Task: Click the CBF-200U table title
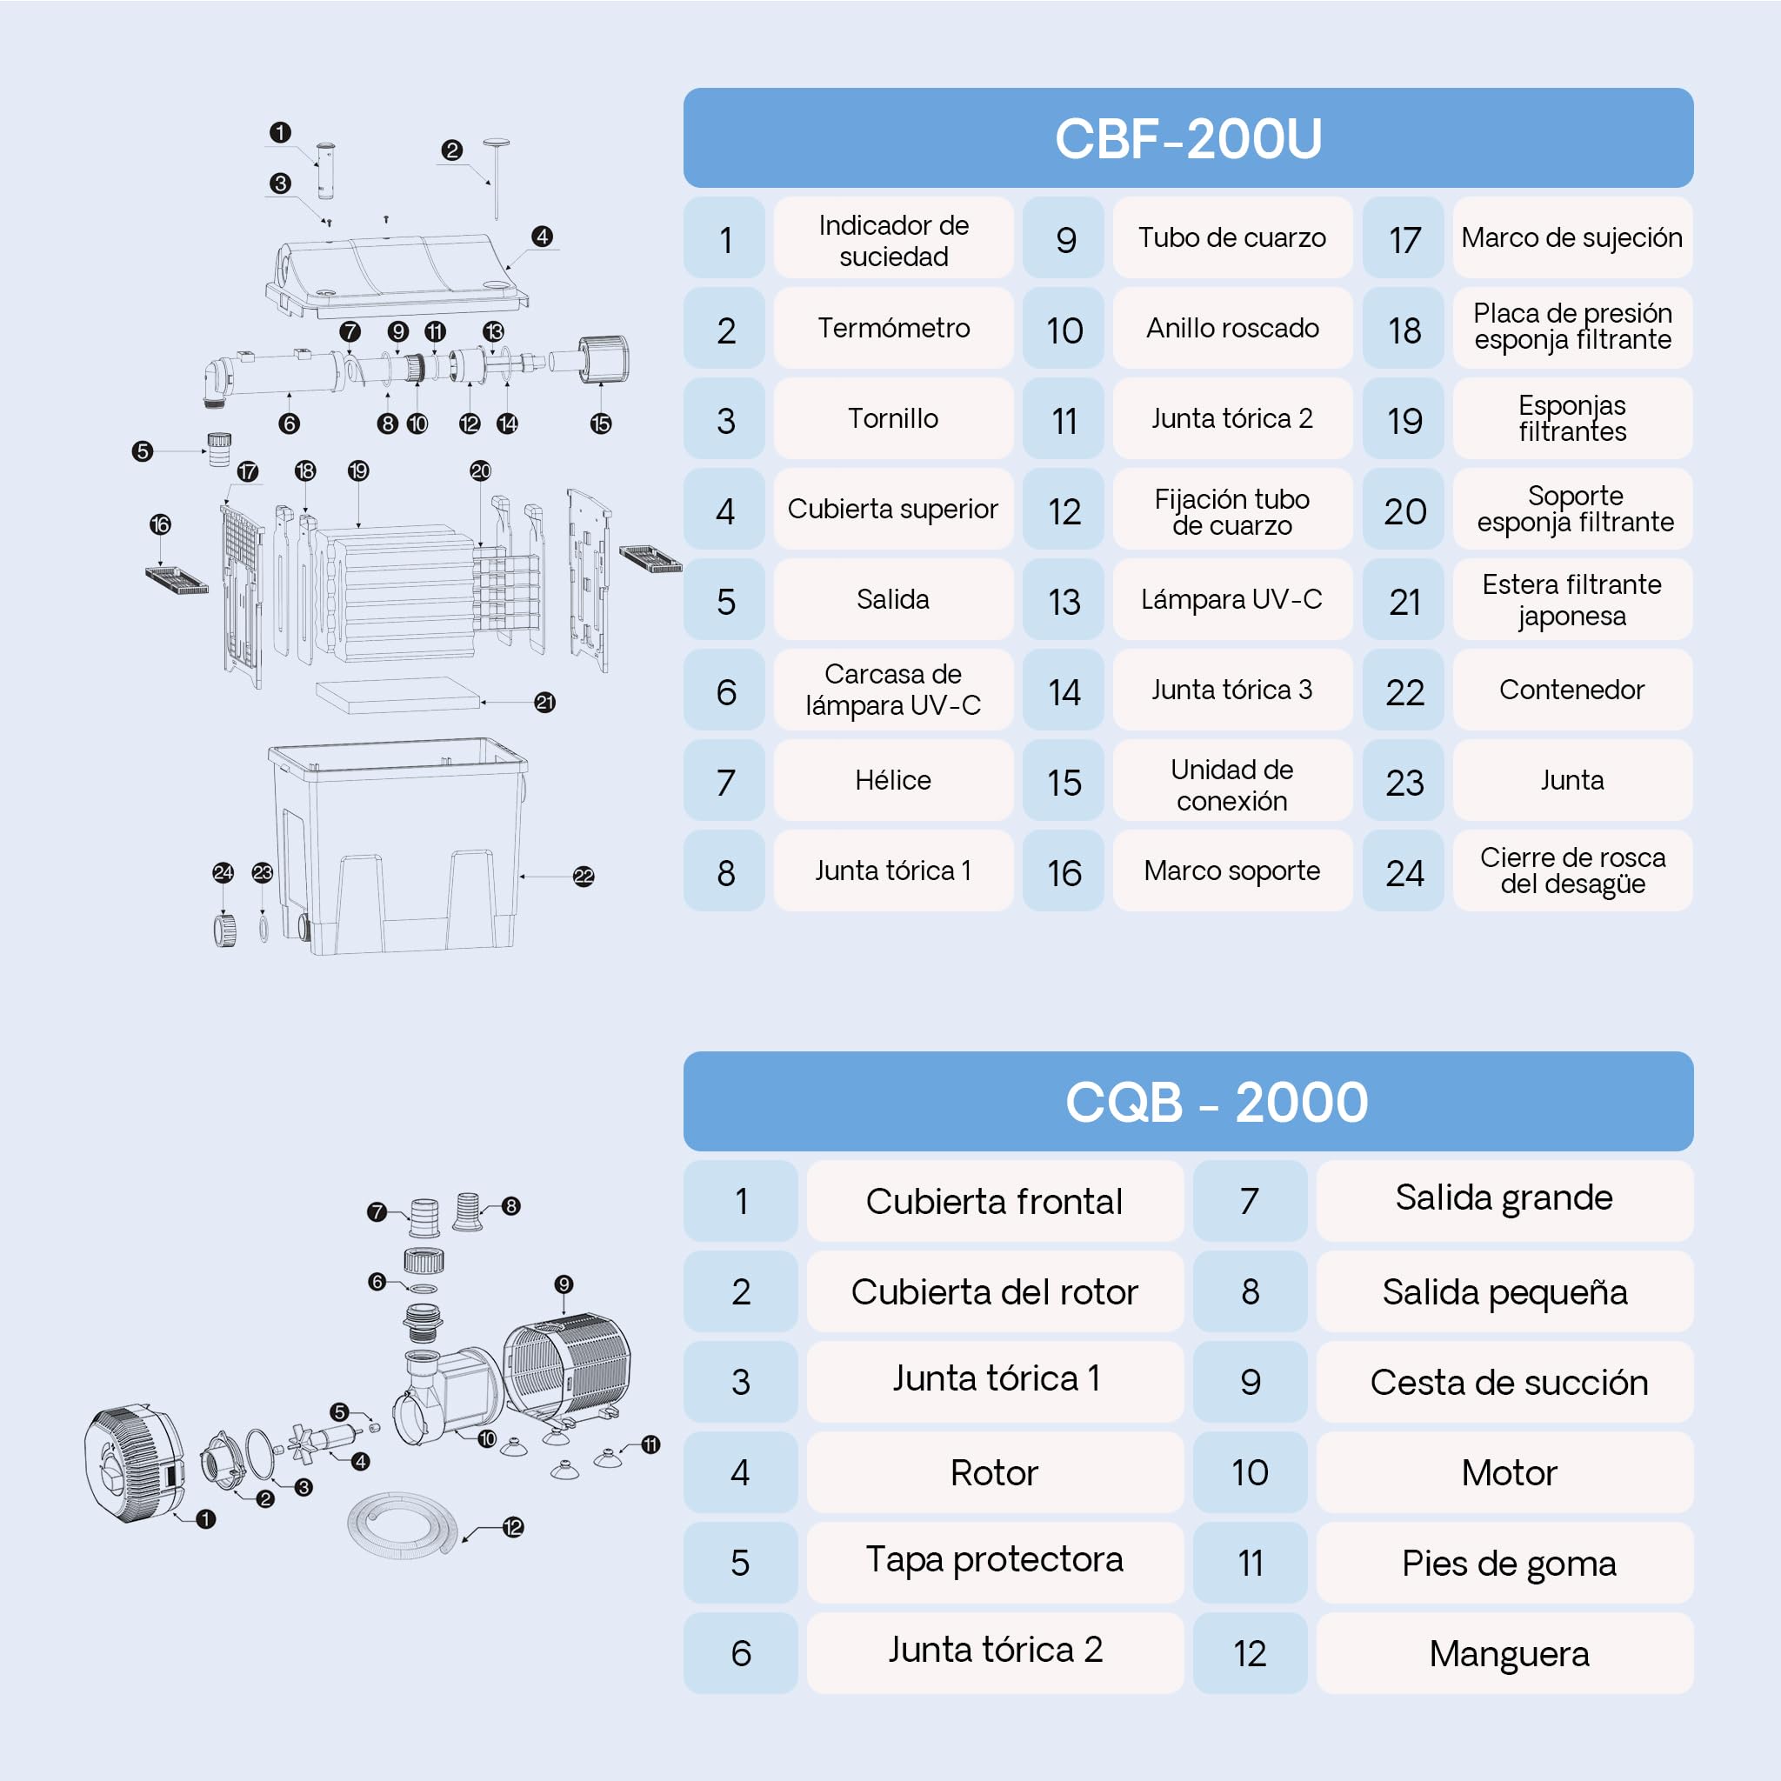click(1187, 138)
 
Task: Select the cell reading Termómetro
click(893, 328)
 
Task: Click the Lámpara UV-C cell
click(1231, 599)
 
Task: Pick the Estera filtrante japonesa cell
click(1572, 599)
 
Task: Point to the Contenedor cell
click(1572, 690)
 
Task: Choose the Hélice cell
click(893, 780)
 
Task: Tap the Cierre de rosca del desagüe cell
click(1572, 870)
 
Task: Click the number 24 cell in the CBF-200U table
click(1404, 872)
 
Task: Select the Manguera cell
click(1505, 1654)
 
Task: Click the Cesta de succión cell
click(1505, 1383)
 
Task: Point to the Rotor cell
click(995, 1473)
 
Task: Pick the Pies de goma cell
click(1505, 1564)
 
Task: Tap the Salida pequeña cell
click(1505, 1292)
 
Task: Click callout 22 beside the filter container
click(584, 876)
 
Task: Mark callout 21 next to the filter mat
click(544, 703)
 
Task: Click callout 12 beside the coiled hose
click(513, 1527)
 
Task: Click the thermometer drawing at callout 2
click(496, 179)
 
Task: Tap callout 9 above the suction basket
click(564, 1284)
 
